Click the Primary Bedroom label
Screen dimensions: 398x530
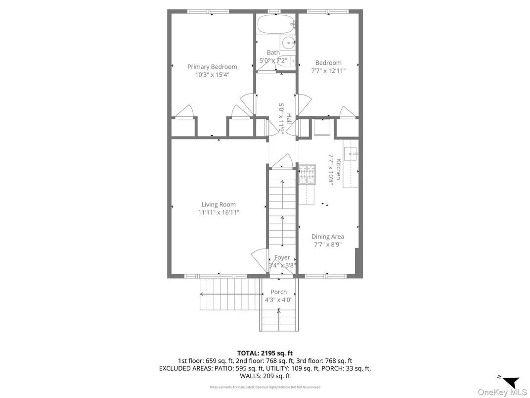[x=212, y=67]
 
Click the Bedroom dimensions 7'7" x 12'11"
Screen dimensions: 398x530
[x=328, y=71]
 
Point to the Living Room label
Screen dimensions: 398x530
[x=219, y=204]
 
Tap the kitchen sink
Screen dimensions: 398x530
[x=351, y=153]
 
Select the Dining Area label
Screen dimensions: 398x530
[x=328, y=237]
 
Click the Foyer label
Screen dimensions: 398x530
[x=282, y=257]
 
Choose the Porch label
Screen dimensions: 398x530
[x=279, y=292]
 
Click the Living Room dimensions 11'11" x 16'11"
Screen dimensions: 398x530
[x=219, y=212]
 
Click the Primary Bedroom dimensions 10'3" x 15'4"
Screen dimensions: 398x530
[x=212, y=75]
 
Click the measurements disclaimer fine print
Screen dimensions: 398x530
[x=265, y=387]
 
